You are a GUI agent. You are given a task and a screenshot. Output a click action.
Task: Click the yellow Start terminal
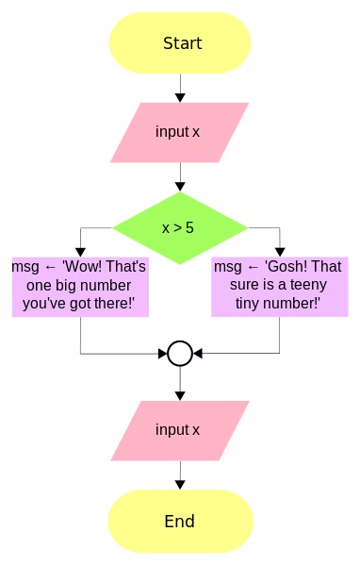(179, 43)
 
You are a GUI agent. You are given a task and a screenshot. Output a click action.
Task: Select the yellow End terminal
(179, 522)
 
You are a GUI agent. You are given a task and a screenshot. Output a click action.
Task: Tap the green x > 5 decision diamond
(179, 227)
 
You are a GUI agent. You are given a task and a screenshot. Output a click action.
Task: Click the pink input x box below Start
(179, 132)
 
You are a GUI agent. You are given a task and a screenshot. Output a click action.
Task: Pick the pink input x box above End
(179, 430)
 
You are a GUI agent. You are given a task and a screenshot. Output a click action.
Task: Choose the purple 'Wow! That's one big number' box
(79, 286)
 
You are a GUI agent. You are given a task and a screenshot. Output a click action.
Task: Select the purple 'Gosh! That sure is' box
(279, 286)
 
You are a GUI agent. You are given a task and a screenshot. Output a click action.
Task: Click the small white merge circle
(179, 354)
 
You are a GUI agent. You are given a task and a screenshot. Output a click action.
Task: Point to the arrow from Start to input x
(179, 88)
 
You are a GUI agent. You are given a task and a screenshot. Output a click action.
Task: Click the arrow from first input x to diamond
(179, 176)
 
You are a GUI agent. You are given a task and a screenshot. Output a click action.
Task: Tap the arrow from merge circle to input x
(179, 383)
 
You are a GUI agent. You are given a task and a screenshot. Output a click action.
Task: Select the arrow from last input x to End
(179, 474)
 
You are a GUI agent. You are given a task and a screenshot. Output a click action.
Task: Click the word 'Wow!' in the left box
(80, 267)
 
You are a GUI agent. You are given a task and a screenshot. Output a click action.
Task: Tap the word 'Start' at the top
(182, 43)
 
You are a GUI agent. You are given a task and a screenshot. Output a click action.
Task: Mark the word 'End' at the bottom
(179, 522)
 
